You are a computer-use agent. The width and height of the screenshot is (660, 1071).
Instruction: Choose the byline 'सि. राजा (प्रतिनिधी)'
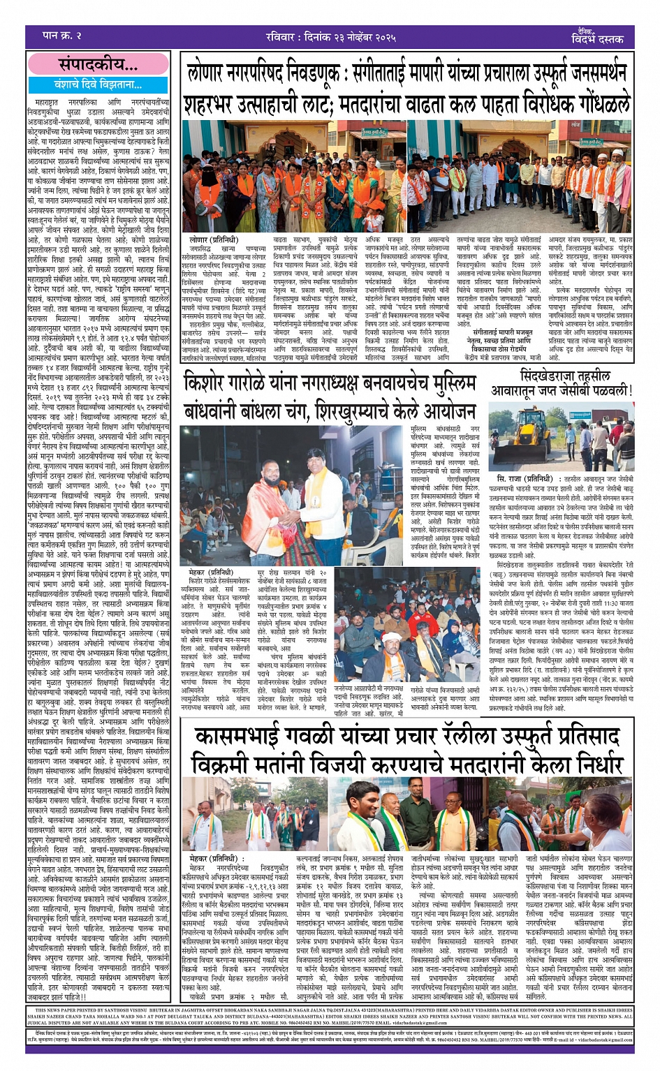[x=525, y=479]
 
